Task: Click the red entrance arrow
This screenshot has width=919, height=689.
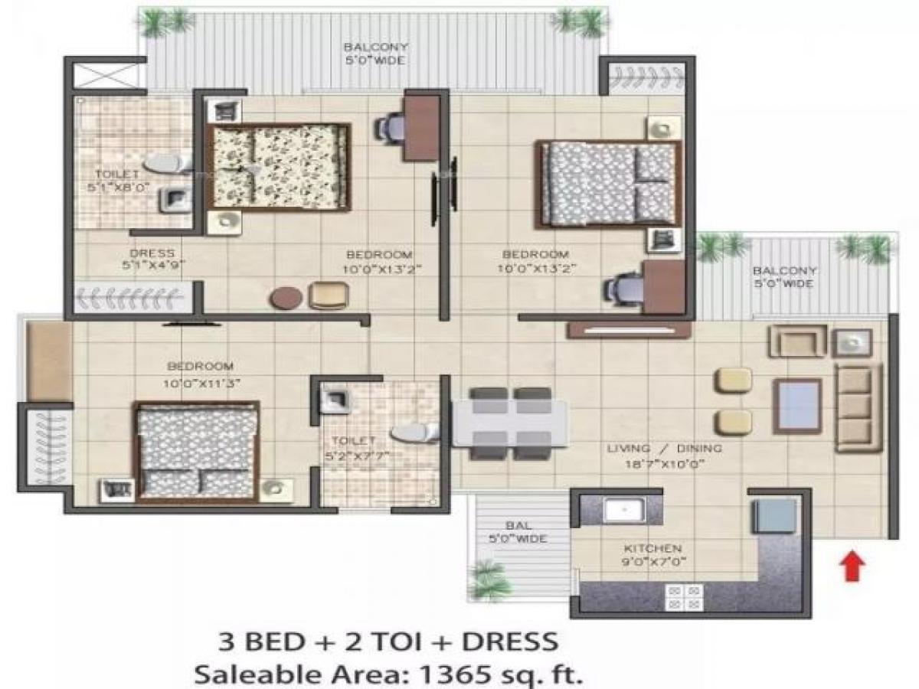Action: [854, 567]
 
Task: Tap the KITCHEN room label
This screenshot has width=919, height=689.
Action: [652, 548]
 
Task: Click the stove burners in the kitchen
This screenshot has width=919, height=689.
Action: [683, 596]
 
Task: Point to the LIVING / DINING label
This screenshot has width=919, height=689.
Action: [663, 449]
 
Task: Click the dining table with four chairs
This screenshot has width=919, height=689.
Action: [510, 423]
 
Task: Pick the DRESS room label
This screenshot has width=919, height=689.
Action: [152, 253]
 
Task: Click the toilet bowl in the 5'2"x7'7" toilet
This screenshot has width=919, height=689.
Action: [414, 433]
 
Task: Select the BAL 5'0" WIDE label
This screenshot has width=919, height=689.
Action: [516, 532]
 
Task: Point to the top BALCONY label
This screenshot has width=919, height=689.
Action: [374, 47]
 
